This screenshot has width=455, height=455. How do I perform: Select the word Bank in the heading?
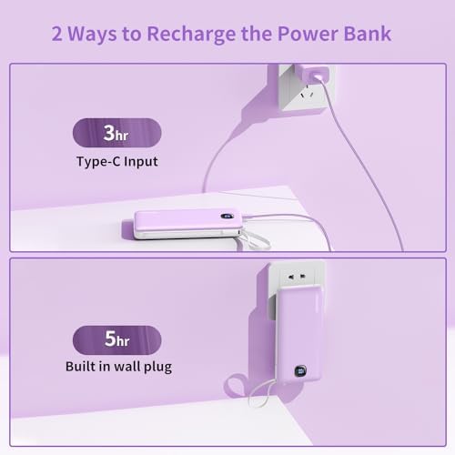tap(364, 35)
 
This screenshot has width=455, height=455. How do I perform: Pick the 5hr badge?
tap(116, 339)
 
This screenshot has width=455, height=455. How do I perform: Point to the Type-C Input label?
tap(116, 163)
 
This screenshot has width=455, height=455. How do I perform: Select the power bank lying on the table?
tap(187, 224)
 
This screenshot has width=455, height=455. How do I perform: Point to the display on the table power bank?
tap(224, 217)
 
